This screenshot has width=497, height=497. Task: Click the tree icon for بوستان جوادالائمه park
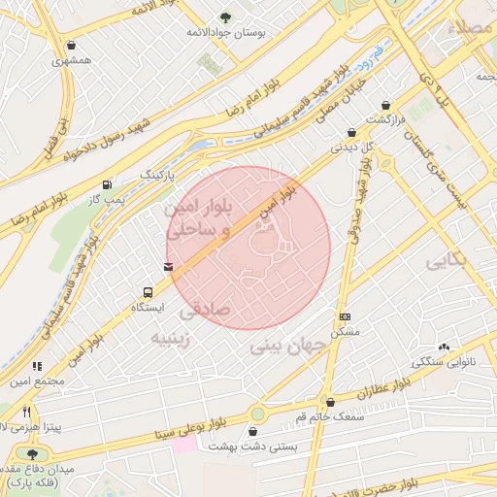point(226,17)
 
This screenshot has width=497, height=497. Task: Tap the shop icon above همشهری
point(71,45)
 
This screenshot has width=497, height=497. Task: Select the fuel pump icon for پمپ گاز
point(106,184)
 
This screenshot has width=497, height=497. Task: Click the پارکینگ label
point(160,174)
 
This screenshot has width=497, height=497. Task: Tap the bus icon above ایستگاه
point(148,291)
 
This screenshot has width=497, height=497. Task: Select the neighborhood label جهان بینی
point(282,346)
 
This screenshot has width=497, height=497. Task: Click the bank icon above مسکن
point(345,317)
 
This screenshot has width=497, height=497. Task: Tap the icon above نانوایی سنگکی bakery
point(445,347)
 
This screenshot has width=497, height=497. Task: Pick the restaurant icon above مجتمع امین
point(38,366)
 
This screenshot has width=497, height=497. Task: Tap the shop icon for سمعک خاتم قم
point(330,401)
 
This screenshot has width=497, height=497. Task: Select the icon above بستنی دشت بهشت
point(257,431)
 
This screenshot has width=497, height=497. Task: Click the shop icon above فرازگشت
point(386,105)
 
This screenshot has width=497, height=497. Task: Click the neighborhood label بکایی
point(447,261)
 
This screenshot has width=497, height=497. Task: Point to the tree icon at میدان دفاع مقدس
point(32,453)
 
